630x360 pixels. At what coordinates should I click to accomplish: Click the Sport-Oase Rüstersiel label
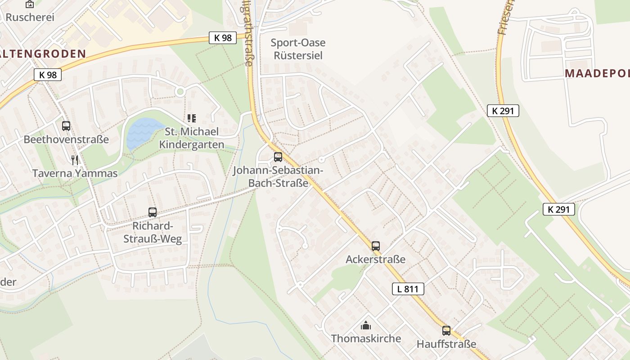pos(298,49)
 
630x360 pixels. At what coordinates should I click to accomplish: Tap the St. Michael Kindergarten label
pos(192,138)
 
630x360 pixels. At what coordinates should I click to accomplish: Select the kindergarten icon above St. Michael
pos(192,118)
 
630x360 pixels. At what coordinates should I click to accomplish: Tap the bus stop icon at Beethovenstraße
pos(66,126)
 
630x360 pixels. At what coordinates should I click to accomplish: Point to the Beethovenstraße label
pos(66,139)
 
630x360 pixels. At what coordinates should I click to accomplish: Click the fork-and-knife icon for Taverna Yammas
pos(75,160)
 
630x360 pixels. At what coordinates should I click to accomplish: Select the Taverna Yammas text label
pos(75,173)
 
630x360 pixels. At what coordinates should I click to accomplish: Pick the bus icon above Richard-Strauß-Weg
pos(153,212)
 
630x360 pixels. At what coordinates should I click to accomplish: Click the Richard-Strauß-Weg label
pos(153,232)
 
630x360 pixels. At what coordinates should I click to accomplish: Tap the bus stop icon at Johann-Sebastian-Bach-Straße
pos(278,157)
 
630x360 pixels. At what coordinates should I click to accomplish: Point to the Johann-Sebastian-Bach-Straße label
pos(278,177)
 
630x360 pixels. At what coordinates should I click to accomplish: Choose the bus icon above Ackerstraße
pos(376,246)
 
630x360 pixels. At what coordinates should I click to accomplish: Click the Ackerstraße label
pos(376,260)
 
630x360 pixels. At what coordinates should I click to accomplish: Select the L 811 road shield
pos(408,289)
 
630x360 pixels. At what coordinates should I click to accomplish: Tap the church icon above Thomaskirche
pos(366,325)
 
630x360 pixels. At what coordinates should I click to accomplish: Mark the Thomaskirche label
pos(366,338)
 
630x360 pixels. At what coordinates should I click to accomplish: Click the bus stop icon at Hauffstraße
pos(446,331)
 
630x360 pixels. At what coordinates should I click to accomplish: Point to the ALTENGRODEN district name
pos(43,54)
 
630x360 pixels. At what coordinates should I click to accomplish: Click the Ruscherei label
pos(30,17)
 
